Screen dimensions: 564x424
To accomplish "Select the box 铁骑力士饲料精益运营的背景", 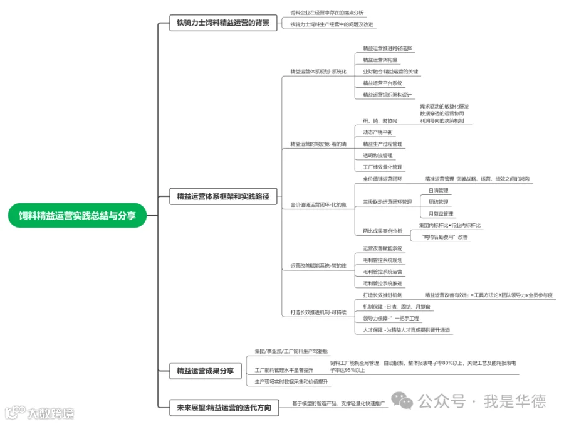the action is (222, 24).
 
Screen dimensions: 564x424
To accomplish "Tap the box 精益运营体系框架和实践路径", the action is (222, 197).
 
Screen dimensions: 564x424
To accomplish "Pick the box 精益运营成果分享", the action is (205, 371).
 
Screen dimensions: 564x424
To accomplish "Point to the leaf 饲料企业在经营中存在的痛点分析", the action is (326, 13).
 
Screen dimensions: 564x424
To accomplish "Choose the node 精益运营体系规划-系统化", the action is (318, 72).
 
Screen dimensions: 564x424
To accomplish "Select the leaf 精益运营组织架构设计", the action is (387, 95).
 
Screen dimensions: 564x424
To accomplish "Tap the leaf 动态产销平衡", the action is (378, 132).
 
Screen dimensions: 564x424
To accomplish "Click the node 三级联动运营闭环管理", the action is (387, 202).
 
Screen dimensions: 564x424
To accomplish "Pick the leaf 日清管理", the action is (438, 190).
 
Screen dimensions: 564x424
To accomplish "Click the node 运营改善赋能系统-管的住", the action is (318, 267).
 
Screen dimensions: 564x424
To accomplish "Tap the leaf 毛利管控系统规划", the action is (382, 260).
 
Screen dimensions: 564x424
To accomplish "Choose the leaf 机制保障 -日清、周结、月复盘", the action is (397, 307).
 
